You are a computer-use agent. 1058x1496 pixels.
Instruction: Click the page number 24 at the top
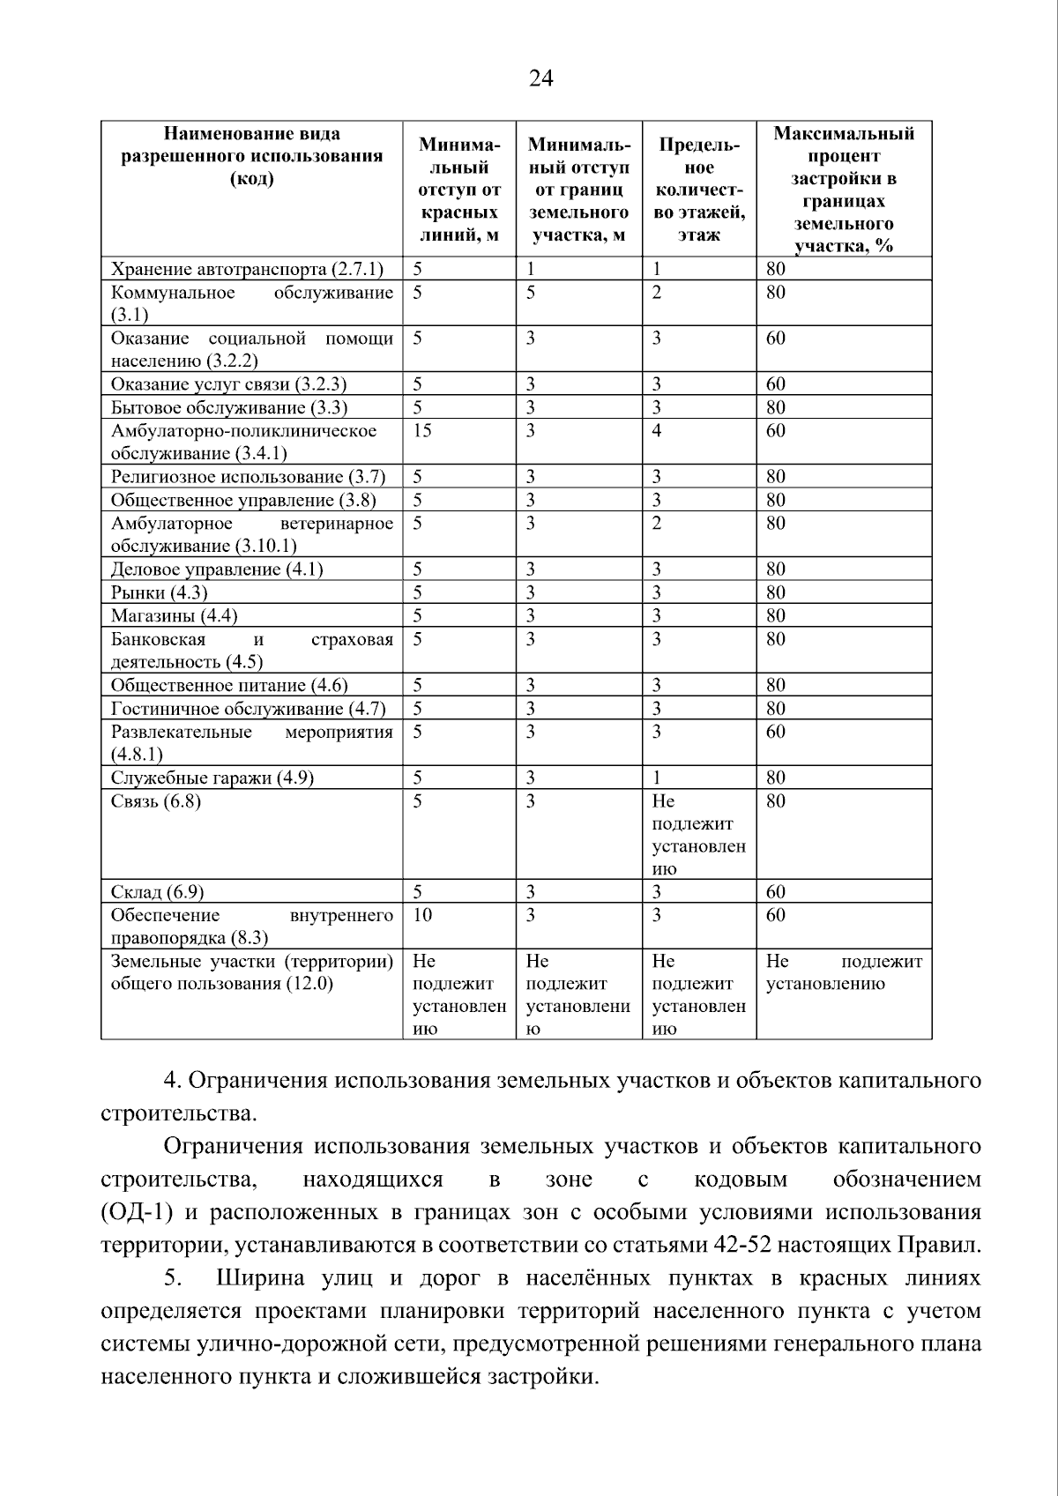tap(540, 79)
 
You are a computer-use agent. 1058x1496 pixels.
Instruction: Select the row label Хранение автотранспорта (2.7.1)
tap(247, 269)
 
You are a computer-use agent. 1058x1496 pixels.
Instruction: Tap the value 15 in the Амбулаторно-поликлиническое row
tap(422, 430)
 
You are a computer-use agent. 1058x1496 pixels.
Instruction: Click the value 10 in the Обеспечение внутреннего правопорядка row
tap(422, 915)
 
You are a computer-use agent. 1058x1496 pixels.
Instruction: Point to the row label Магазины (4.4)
tap(174, 615)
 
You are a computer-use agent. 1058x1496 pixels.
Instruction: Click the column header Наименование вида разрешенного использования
tap(252, 157)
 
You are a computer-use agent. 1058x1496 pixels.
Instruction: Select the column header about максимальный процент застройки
tap(843, 190)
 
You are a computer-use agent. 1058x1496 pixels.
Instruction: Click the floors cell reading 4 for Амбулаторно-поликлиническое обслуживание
tap(657, 430)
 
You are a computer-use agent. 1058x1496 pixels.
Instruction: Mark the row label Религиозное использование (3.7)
tap(248, 477)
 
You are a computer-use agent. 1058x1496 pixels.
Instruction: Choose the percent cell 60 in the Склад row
tap(775, 892)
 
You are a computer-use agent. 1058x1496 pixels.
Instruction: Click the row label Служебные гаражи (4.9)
tap(212, 778)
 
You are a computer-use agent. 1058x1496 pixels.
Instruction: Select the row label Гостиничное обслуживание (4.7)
tap(248, 709)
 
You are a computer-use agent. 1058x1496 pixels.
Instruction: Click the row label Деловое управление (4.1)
tap(217, 569)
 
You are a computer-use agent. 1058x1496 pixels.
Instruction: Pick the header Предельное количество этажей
tap(698, 190)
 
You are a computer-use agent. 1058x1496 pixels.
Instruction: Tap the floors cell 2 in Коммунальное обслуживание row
tap(657, 293)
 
